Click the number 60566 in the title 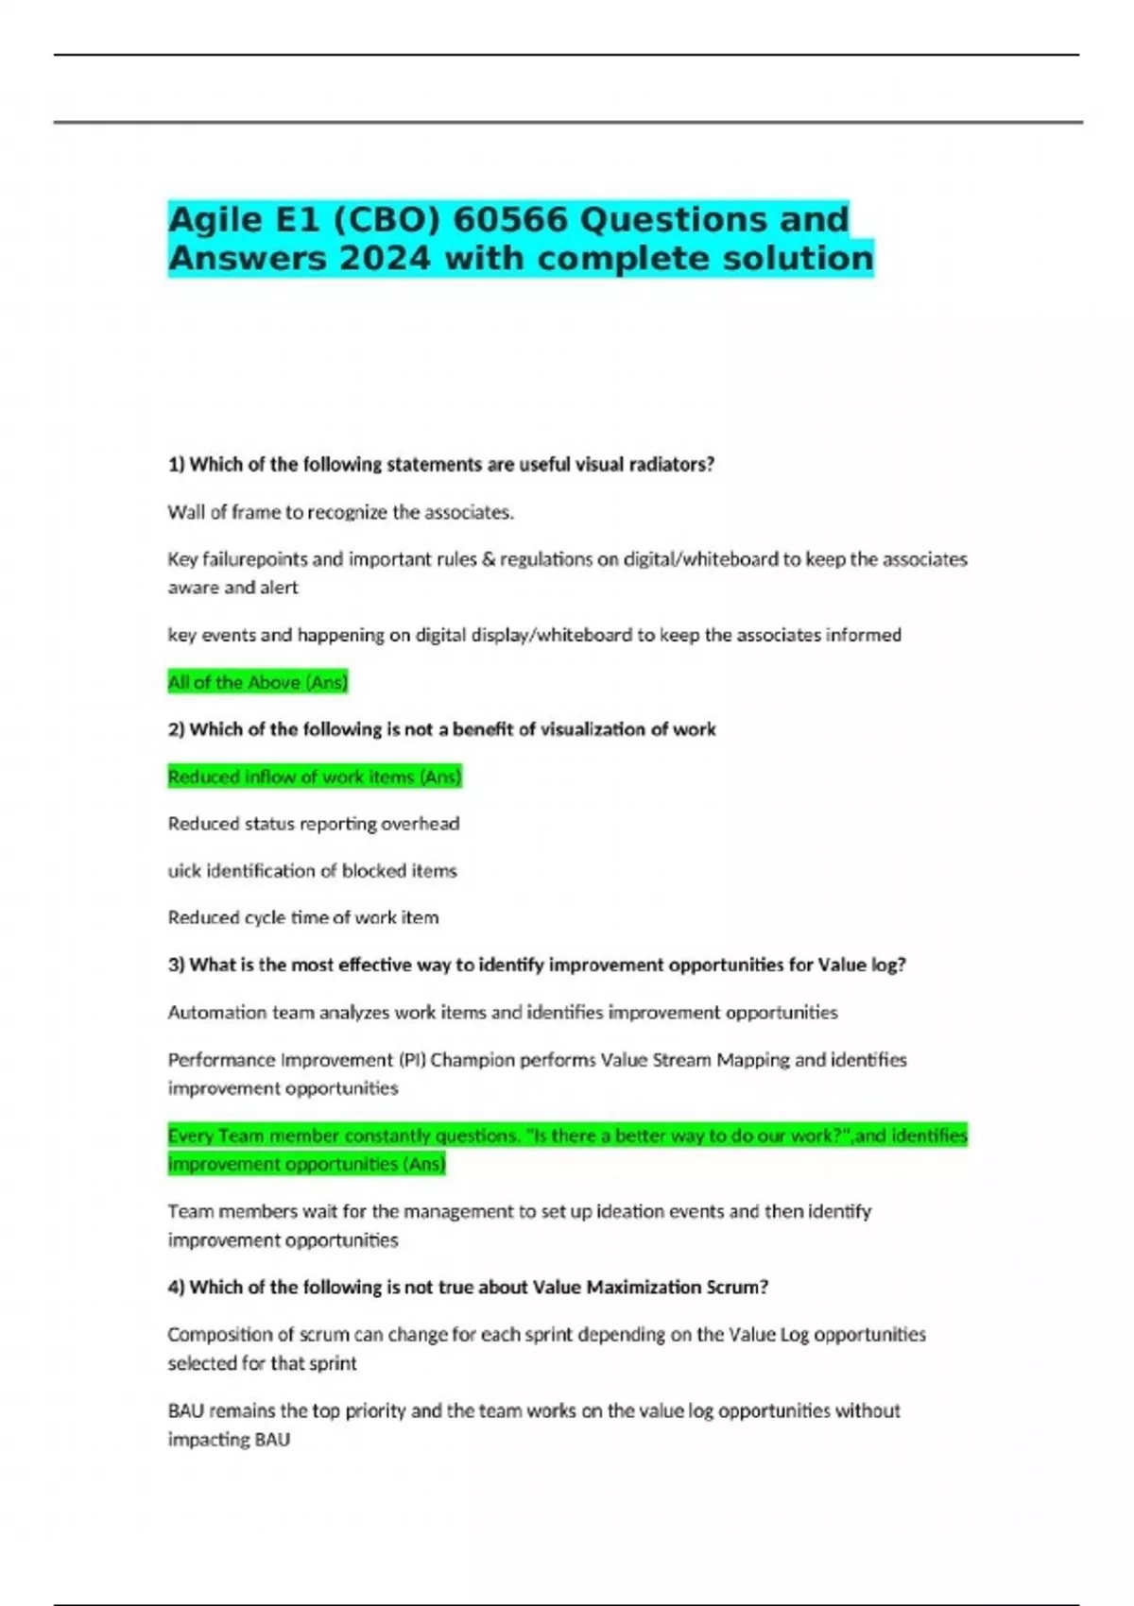point(510,219)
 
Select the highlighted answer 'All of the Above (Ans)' point(258,682)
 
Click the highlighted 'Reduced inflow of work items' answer point(314,777)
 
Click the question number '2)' point(177,729)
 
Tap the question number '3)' point(177,965)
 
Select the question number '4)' point(177,1288)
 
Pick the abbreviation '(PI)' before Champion point(412,1060)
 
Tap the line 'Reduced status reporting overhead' point(314,824)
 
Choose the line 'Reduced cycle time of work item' point(303,917)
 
